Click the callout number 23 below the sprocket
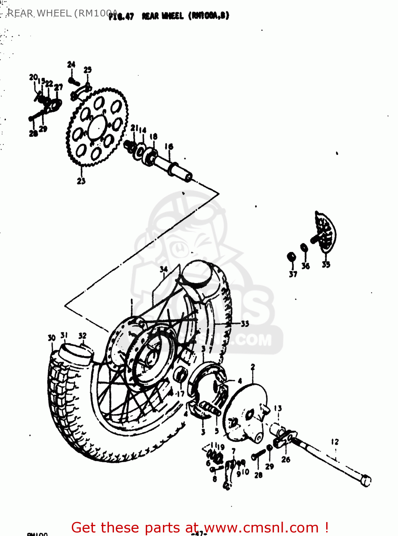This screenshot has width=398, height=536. (81, 181)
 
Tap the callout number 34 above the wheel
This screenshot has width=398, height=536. (164, 269)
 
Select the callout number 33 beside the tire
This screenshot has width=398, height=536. (245, 324)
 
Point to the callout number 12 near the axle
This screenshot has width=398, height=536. (335, 442)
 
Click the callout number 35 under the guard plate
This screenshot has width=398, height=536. (326, 264)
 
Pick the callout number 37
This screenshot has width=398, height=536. (293, 274)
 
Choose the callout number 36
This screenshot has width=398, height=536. (305, 265)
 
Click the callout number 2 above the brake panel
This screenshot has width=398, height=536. (253, 367)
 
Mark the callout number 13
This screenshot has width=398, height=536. (278, 408)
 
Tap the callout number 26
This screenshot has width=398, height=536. (286, 460)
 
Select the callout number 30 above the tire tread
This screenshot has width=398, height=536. (52, 338)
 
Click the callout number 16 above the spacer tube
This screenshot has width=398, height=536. (169, 147)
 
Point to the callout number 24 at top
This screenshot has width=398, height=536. (71, 64)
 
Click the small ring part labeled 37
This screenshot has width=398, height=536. (292, 257)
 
